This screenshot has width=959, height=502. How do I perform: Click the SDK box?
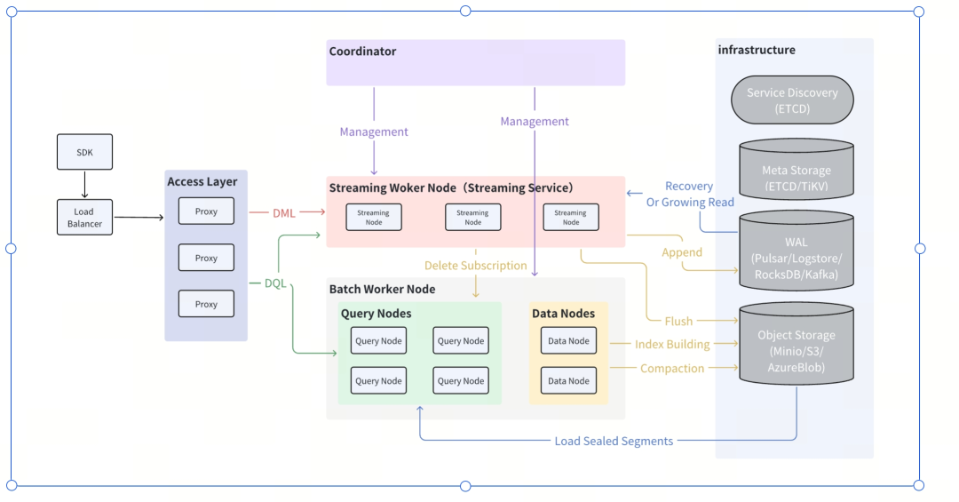(x=85, y=152)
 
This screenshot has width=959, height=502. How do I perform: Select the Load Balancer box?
(x=85, y=218)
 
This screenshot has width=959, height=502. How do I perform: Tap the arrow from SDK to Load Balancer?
(x=85, y=185)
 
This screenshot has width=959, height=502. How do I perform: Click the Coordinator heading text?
(x=362, y=52)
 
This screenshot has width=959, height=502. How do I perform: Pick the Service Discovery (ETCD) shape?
(x=791, y=100)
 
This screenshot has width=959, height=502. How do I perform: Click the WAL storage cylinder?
(x=797, y=252)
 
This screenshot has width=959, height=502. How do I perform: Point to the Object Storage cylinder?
(x=797, y=347)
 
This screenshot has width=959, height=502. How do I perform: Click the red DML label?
(x=284, y=213)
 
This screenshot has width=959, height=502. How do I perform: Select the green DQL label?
(x=275, y=283)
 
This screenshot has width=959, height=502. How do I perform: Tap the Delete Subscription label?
(x=475, y=266)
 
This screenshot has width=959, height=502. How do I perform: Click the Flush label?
(x=678, y=321)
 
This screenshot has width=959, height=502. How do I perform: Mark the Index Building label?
(x=672, y=344)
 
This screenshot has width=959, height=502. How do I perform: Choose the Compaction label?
(x=672, y=369)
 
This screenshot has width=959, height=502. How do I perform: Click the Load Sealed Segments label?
(x=614, y=441)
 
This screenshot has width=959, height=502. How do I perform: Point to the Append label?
(x=682, y=252)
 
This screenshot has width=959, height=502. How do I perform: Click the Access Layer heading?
(x=202, y=182)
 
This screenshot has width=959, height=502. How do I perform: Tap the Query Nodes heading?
(x=376, y=314)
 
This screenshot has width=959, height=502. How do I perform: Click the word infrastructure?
(x=757, y=50)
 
